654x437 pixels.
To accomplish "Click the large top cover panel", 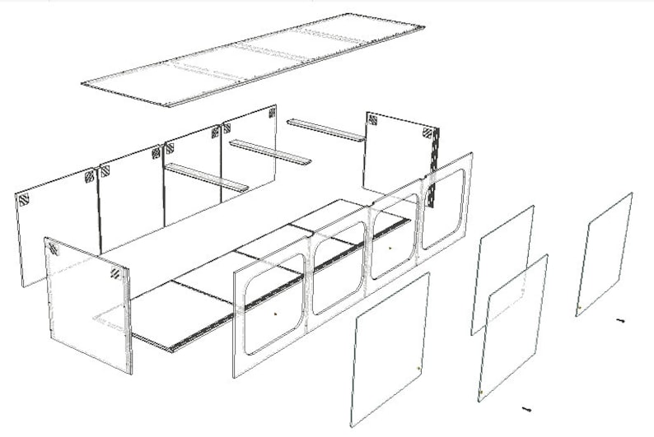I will (x=255, y=59).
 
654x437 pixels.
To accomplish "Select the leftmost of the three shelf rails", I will (x=207, y=178).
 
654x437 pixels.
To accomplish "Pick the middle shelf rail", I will (x=270, y=151).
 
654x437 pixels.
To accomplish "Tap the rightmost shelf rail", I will (x=326, y=130).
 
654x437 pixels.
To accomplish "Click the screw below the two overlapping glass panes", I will (x=525, y=408).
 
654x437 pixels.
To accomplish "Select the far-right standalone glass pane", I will (x=605, y=253).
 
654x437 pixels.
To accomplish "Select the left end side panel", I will (x=87, y=305).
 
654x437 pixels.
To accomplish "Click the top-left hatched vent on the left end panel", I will (x=53, y=248).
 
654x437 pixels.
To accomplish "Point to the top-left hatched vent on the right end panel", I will (x=373, y=120).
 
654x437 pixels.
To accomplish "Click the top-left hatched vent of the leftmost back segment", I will (x=25, y=199).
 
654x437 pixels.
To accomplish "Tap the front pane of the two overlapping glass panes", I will (x=513, y=329).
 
